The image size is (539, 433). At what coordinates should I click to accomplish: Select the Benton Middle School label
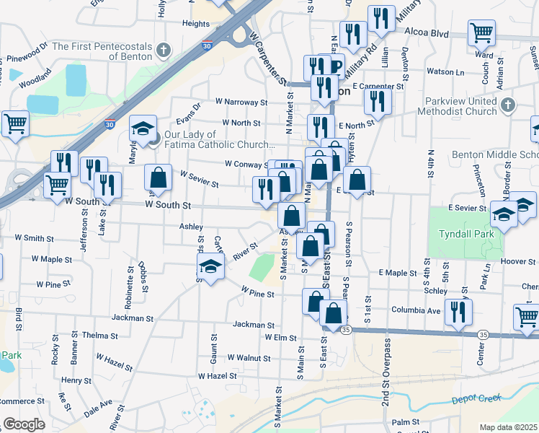pos(496,154)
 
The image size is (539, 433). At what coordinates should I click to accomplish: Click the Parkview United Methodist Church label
pos(461,106)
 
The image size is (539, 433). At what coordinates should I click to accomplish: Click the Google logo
pos(24,424)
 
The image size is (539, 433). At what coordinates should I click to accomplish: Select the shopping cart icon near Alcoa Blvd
pos(481,32)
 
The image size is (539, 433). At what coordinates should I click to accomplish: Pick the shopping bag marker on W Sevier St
pos(158,177)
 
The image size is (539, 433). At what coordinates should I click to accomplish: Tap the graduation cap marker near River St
pos(210,268)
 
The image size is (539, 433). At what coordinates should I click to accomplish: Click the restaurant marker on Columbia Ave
pos(458,311)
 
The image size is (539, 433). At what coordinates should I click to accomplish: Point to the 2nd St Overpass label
pos(386,382)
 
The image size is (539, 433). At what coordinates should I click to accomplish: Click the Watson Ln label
pos(446,71)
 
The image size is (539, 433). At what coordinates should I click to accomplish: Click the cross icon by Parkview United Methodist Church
pos(508,105)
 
